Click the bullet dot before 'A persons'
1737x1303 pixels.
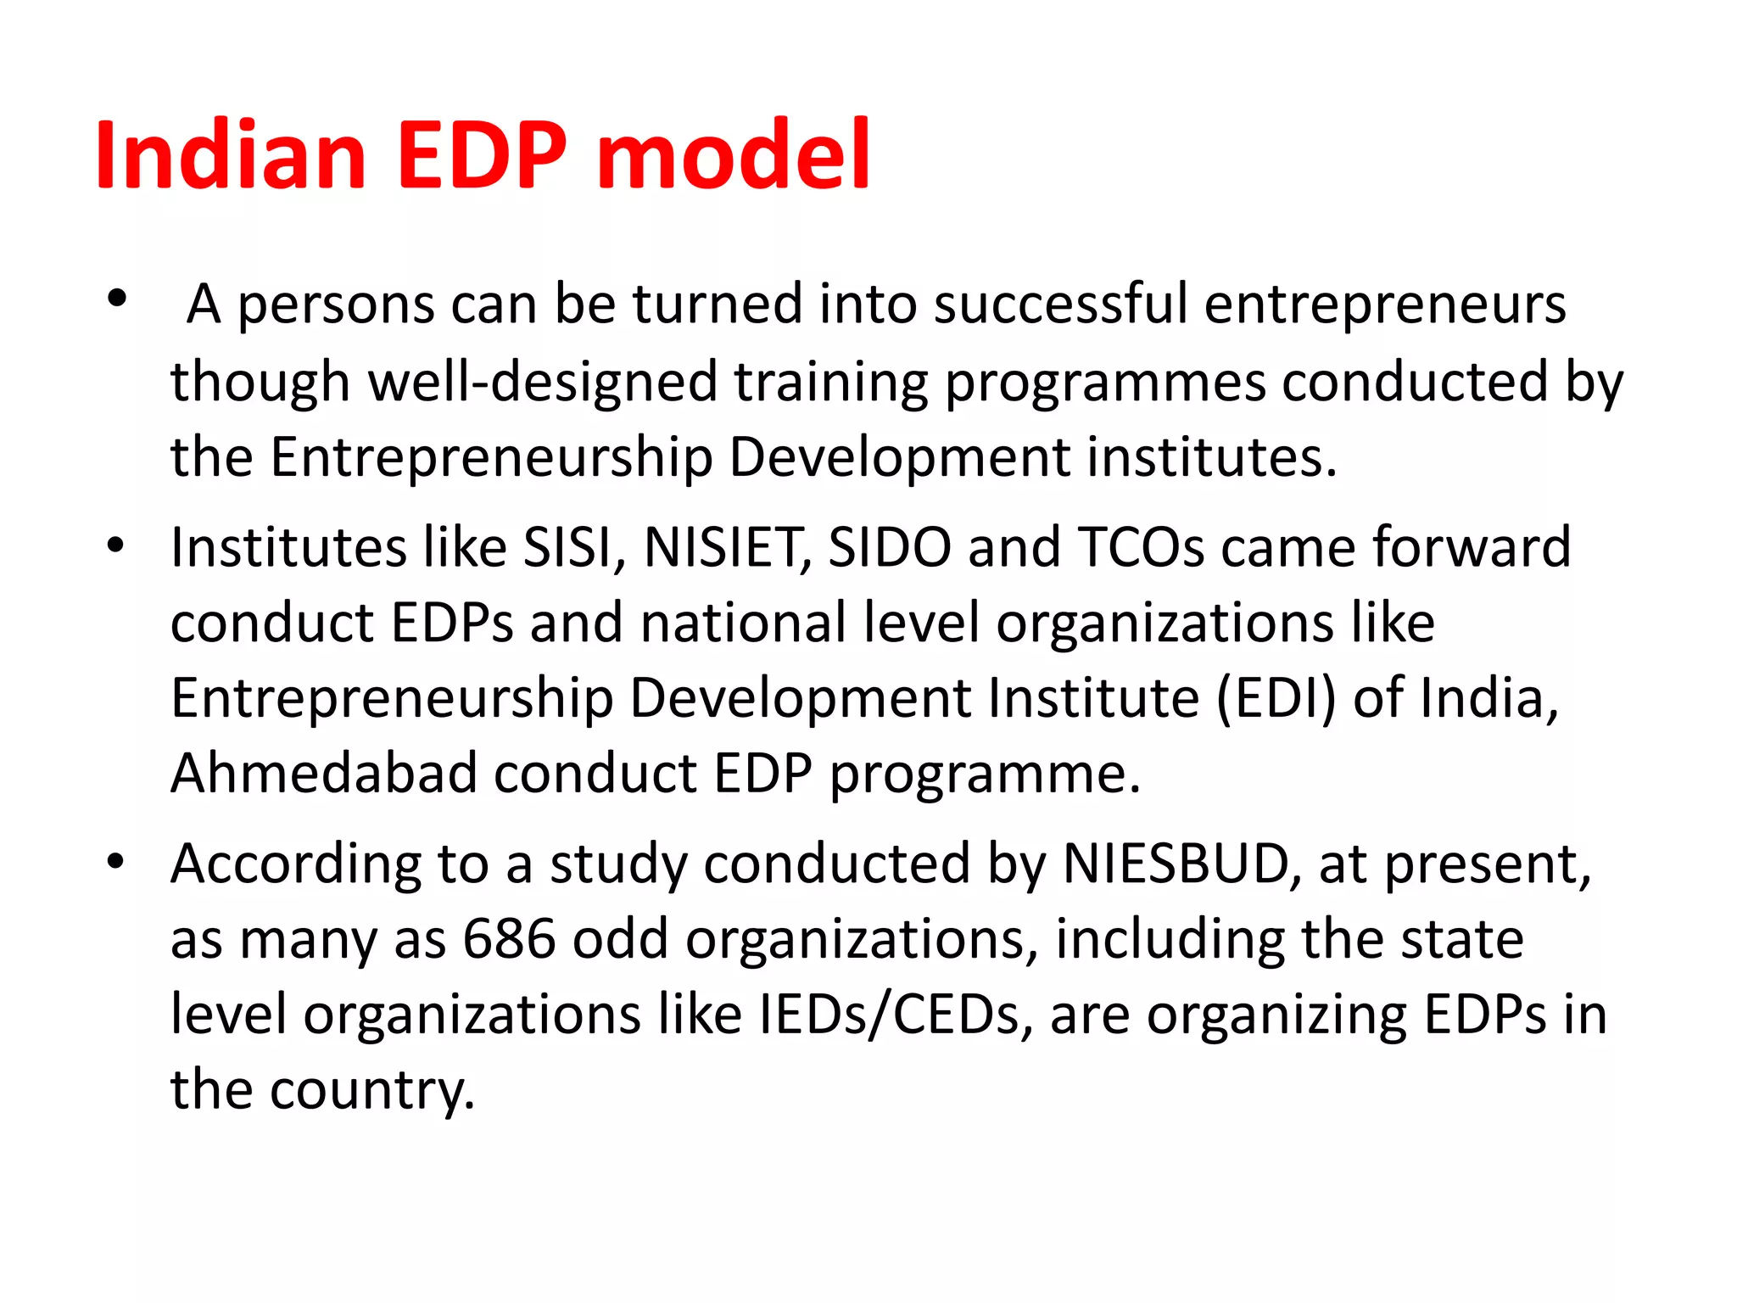pos(117,298)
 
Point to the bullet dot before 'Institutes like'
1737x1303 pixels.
pos(117,545)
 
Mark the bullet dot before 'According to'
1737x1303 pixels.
pos(117,862)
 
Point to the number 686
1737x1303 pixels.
pos(509,939)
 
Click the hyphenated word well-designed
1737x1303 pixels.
pos(543,382)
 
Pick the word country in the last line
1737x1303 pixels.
pos(372,1090)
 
